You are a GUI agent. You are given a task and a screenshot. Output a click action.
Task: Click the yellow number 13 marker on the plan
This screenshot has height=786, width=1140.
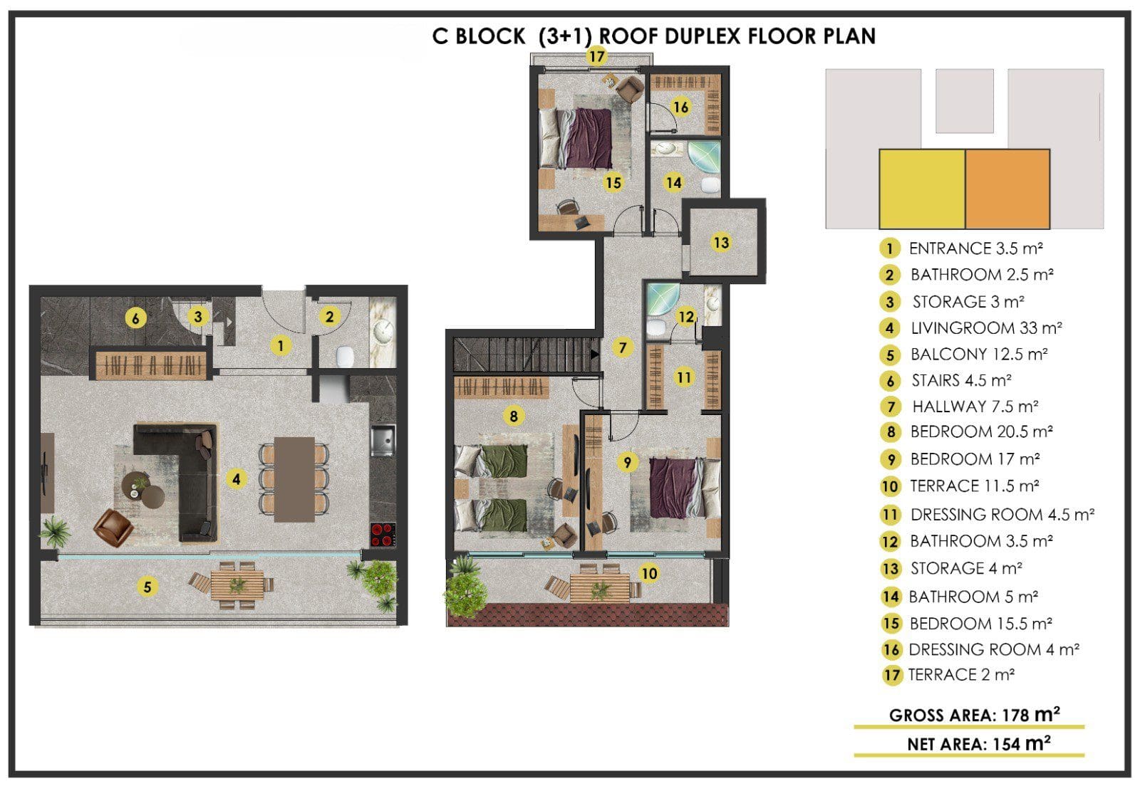tap(721, 243)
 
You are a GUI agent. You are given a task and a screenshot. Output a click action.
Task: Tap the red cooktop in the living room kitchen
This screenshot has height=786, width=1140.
tap(383, 535)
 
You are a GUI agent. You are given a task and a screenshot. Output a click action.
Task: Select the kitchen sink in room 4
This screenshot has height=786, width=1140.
tap(383, 440)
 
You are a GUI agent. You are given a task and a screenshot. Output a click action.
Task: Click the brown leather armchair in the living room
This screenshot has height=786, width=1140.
tap(113, 528)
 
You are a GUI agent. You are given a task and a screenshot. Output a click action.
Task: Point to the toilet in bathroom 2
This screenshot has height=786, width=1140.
tap(345, 357)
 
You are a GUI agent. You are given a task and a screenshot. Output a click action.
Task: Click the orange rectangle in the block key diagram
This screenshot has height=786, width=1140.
tap(1007, 189)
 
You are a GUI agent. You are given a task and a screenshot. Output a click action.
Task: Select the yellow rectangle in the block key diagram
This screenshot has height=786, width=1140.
tap(922, 189)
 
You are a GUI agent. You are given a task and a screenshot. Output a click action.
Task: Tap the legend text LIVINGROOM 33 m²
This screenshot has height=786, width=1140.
tap(986, 328)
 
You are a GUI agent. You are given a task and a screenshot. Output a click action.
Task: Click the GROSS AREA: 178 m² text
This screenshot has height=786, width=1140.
tap(975, 715)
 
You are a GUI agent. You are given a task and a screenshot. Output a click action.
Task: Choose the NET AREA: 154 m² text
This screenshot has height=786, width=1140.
tap(979, 743)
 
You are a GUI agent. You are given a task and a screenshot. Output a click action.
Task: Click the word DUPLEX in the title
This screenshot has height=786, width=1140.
tap(702, 36)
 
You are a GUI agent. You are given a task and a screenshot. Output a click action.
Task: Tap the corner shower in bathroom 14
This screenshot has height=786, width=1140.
tap(704, 157)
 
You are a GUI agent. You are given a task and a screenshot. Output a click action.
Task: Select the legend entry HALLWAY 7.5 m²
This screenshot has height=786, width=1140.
tap(975, 407)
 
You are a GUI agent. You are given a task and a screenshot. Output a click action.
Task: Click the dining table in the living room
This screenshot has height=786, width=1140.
tap(294, 479)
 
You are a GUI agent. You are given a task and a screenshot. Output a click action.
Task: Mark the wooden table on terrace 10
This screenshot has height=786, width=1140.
tap(600, 588)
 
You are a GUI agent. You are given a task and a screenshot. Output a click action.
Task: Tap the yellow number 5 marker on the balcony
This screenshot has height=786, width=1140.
tap(147, 587)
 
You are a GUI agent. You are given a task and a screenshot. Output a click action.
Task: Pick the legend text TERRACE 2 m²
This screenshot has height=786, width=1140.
tap(961, 675)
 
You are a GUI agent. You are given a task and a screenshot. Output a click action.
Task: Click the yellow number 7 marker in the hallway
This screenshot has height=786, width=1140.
tap(623, 347)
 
